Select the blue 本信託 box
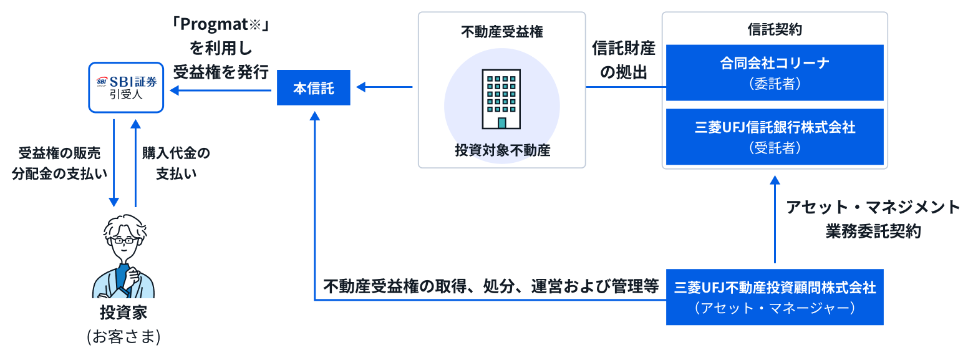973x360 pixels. pyautogui.click(x=314, y=88)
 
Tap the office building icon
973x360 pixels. pyautogui.click(x=501, y=99)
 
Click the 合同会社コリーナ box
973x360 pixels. pyautogui.click(x=775, y=72)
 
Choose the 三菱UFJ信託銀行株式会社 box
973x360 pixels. pyautogui.click(x=775, y=137)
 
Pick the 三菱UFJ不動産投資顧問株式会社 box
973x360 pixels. pyautogui.click(x=775, y=297)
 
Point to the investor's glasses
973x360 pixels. pyautogui.click(x=123, y=240)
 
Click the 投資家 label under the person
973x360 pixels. pyautogui.click(x=123, y=312)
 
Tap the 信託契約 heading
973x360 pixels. pyautogui.click(x=775, y=29)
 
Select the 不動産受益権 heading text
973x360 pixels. pyautogui.click(x=501, y=32)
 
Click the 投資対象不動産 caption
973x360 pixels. pyautogui.click(x=502, y=150)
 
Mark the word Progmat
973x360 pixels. pyautogui.click(x=214, y=24)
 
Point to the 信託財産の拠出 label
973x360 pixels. pyautogui.click(x=624, y=60)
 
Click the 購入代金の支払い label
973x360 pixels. pyautogui.click(x=176, y=163)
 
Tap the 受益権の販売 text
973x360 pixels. pyautogui.click(x=59, y=153)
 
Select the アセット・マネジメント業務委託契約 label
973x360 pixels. pyautogui.click(x=873, y=219)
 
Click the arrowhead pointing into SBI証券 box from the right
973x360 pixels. pyautogui.click(x=174, y=90)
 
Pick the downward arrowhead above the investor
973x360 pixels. pyautogui.click(x=114, y=202)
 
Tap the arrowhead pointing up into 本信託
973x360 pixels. pyautogui.click(x=315, y=116)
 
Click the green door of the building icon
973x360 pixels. pyautogui.click(x=501, y=123)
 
